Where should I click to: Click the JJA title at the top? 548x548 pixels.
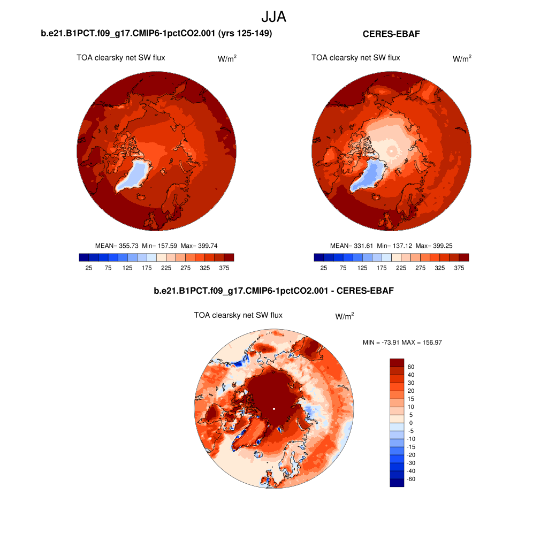(x=274, y=17)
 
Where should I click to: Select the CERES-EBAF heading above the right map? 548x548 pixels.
(x=391, y=34)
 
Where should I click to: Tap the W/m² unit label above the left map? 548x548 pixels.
(x=227, y=59)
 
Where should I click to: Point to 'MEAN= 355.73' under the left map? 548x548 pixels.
(x=117, y=246)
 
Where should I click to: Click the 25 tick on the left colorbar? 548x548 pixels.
(x=89, y=268)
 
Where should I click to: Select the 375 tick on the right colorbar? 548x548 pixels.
(x=459, y=268)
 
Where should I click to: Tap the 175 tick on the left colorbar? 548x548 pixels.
(x=147, y=268)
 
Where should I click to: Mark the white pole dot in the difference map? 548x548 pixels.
(x=274, y=409)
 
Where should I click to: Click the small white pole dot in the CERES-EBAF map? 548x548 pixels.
(x=391, y=151)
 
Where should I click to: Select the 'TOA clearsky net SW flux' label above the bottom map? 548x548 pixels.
(x=238, y=315)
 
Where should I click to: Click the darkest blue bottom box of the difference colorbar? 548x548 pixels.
(x=397, y=483)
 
